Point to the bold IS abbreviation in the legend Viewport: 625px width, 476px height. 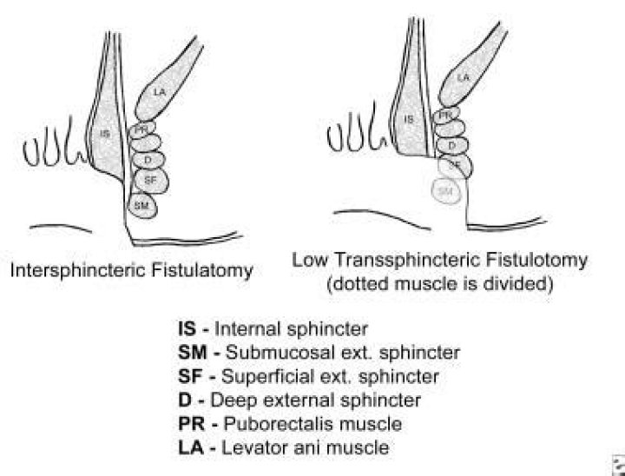pos(187,330)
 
